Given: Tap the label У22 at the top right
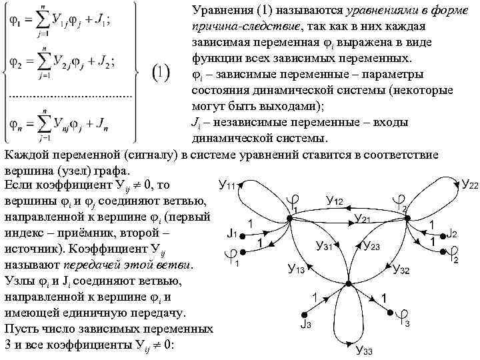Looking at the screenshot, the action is [469, 183].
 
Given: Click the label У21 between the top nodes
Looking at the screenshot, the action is [363, 218].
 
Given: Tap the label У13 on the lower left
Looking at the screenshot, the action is [296, 269].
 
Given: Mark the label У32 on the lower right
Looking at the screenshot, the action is [402, 269].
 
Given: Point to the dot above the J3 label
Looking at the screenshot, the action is [305, 312].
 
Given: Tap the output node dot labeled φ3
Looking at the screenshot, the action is [389, 311].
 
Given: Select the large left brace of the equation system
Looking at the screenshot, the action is [7, 73].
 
